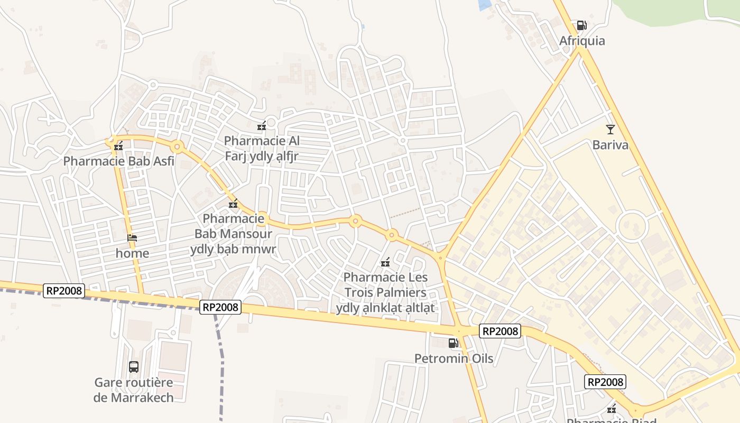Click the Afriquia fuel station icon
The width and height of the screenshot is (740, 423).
[581, 25]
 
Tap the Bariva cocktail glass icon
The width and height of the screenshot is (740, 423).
[610, 129]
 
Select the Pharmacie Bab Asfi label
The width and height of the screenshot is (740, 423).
[118, 161]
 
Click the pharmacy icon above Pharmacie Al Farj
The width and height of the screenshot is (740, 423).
[261, 126]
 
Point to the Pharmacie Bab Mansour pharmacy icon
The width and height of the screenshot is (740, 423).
[233, 204]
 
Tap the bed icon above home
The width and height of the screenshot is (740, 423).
[132, 238]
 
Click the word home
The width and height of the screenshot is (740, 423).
[132, 253]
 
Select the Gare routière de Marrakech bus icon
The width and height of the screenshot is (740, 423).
[134, 366]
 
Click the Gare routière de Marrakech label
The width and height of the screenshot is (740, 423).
[134, 390]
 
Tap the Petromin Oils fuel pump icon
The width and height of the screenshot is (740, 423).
[453, 343]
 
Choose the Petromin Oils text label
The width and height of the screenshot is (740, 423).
[454, 358]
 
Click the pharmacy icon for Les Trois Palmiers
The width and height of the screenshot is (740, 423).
[385, 262]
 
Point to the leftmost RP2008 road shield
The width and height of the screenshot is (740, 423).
[64, 290]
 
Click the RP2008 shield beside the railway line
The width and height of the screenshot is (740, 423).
[220, 307]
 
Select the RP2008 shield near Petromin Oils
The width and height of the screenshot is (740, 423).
[500, 331]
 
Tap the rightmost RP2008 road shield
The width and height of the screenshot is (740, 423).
[605, 382]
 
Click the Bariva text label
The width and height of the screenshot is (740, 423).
[610, 145]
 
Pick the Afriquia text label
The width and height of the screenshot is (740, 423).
[582, 41]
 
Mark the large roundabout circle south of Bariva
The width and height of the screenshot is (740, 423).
[632, 226]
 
